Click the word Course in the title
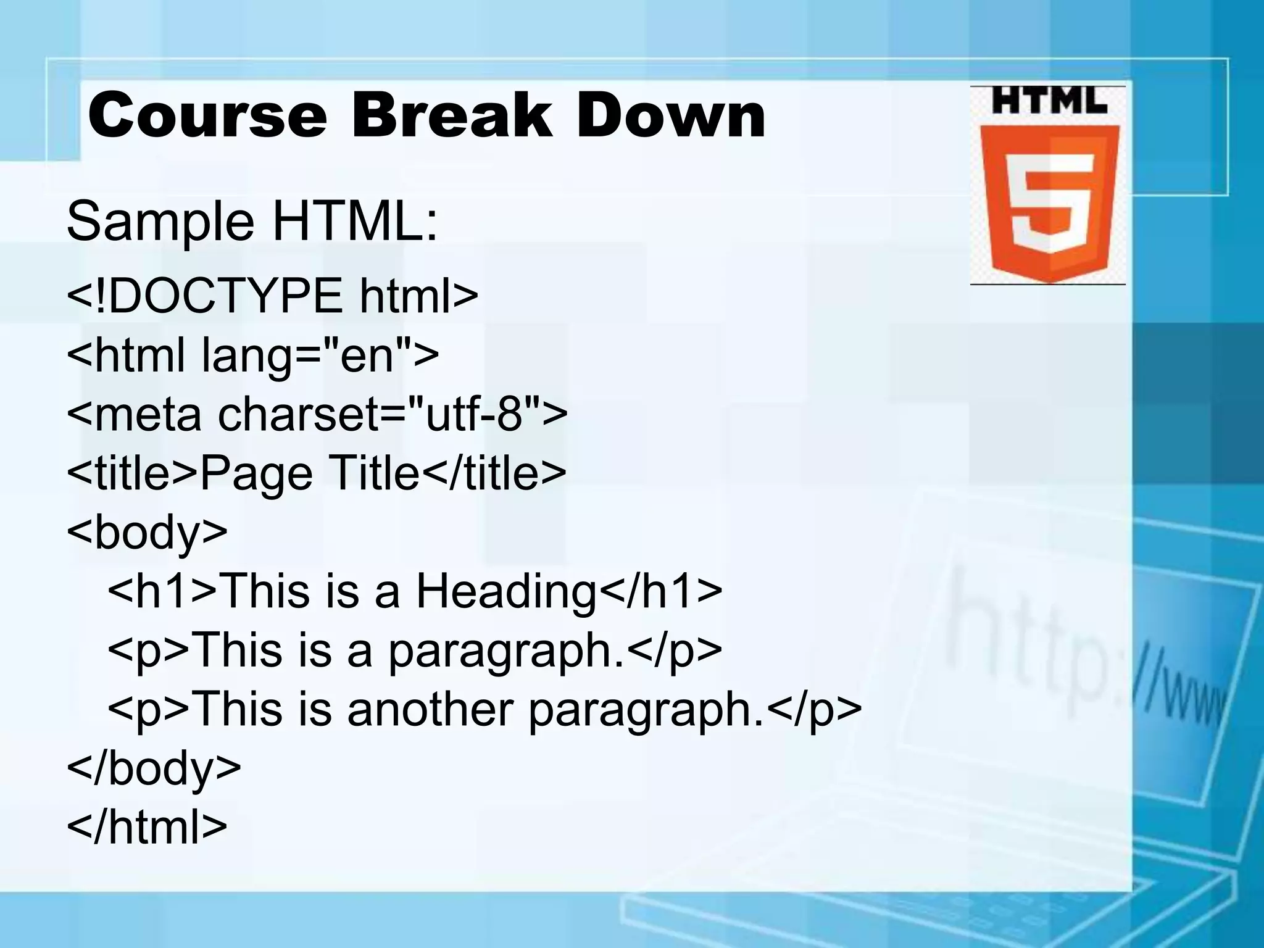pos(207,115)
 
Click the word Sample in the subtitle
pos(160,222)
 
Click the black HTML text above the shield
pos(1048,101)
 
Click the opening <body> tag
pos(147,531)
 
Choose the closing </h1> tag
pos(660,591)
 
